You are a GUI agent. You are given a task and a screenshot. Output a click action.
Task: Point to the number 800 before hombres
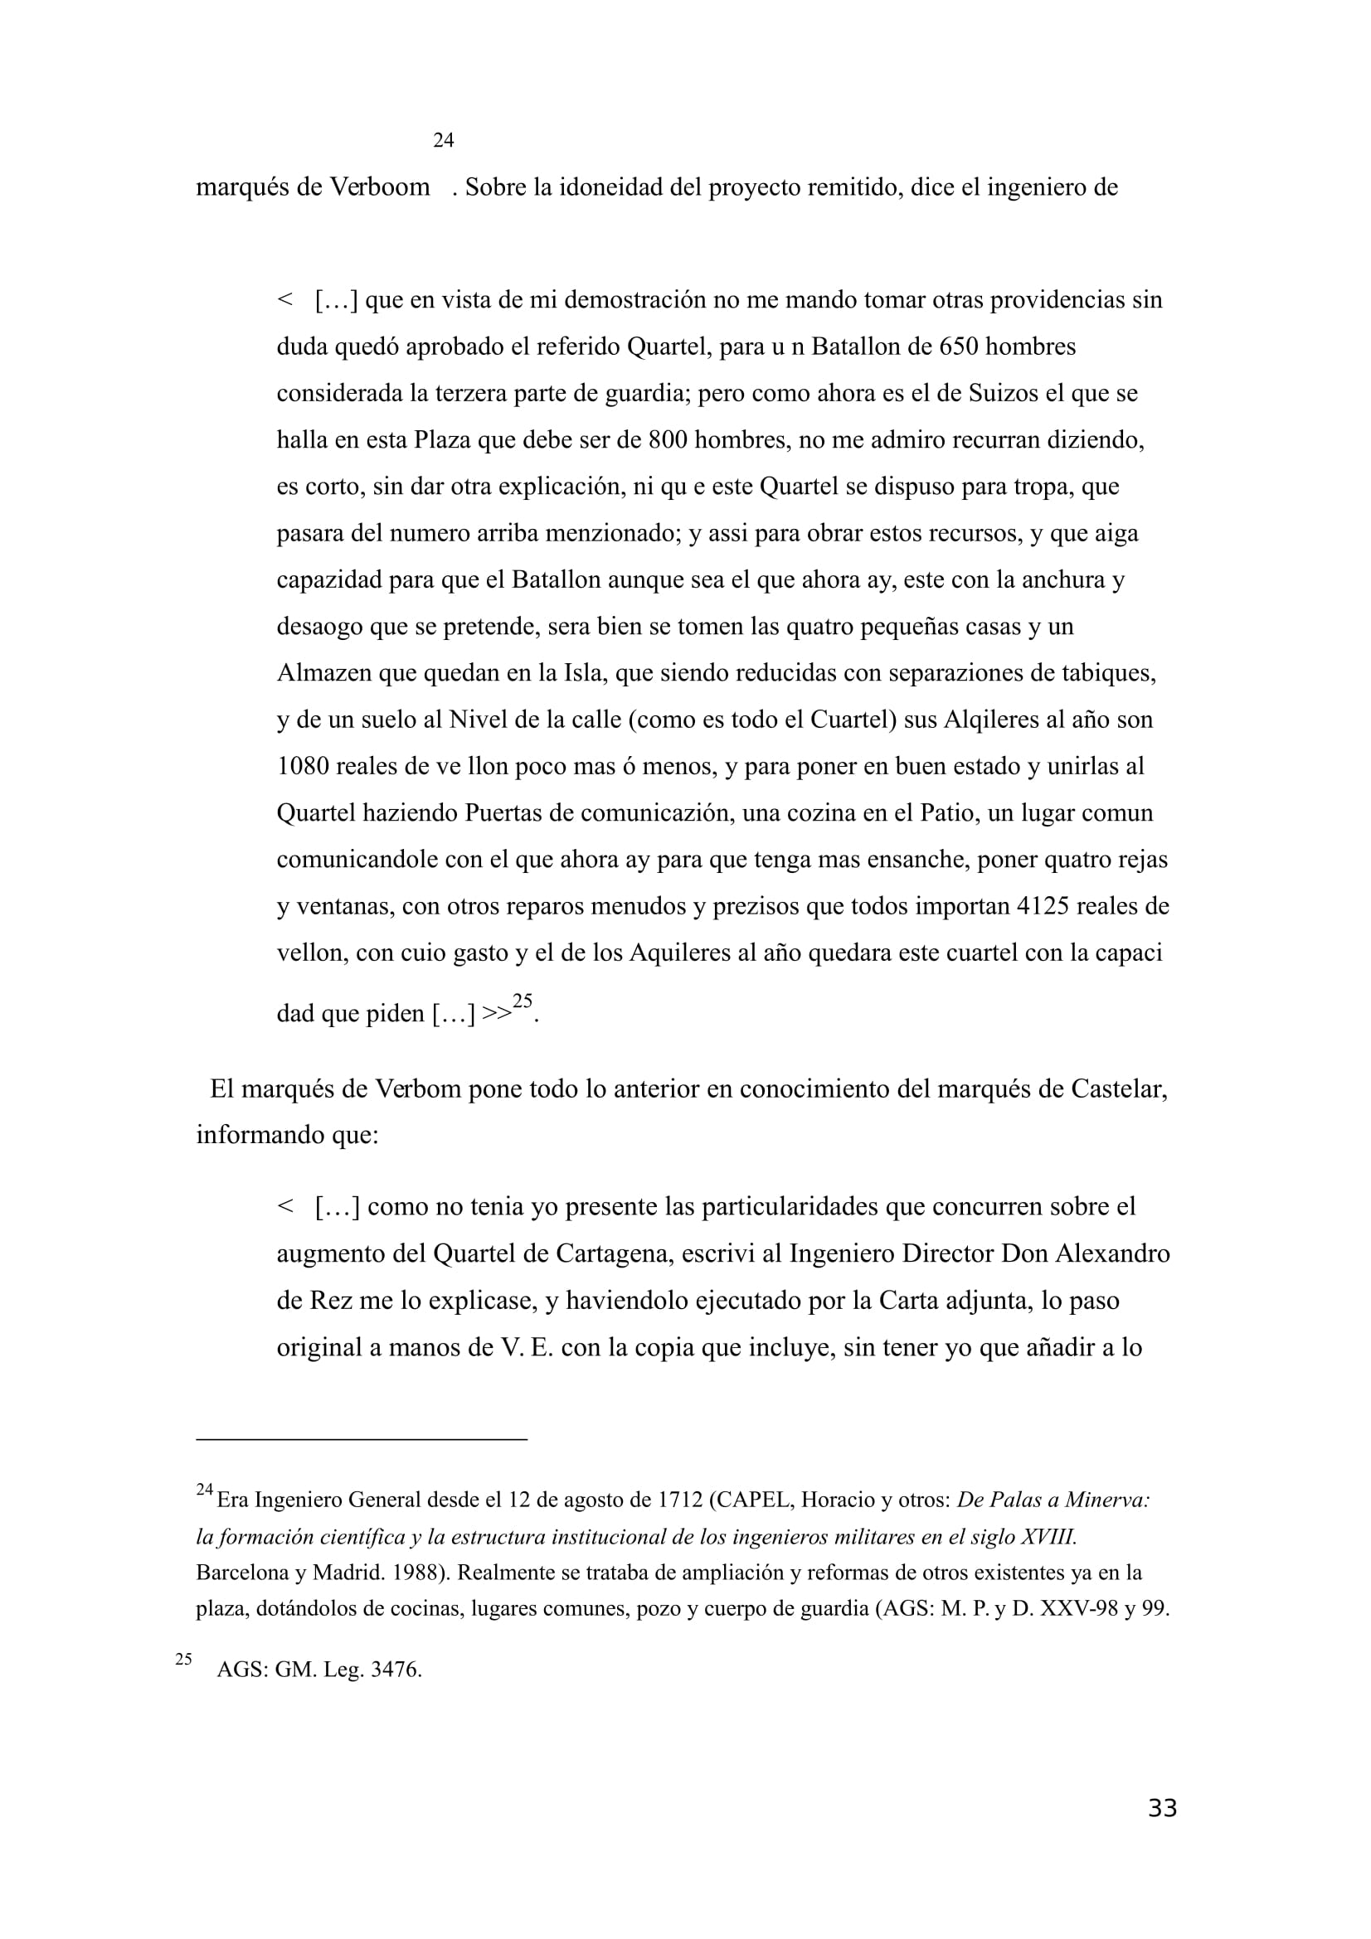tap(668, 440)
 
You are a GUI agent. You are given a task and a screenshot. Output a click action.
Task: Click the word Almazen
tap(324, 674)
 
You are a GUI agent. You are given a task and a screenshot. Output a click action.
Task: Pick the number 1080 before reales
tap(304, 767)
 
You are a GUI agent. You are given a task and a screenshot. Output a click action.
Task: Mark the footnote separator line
tap(362, 1438)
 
